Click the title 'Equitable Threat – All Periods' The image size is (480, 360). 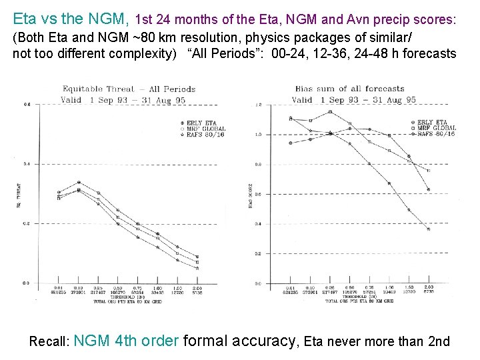point(129,89)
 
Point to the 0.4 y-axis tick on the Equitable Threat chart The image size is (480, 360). point(27,164)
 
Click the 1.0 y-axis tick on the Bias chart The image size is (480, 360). point(257,135)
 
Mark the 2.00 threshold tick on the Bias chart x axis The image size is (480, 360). point(428,288)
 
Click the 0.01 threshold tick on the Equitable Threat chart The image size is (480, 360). point(59,288)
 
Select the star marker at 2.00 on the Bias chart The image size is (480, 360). point(428,229)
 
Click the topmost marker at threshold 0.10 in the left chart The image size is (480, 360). point(79,182)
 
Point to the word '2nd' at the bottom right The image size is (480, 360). point(438,342)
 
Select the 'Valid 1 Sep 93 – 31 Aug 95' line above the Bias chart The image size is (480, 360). point(353,100)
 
